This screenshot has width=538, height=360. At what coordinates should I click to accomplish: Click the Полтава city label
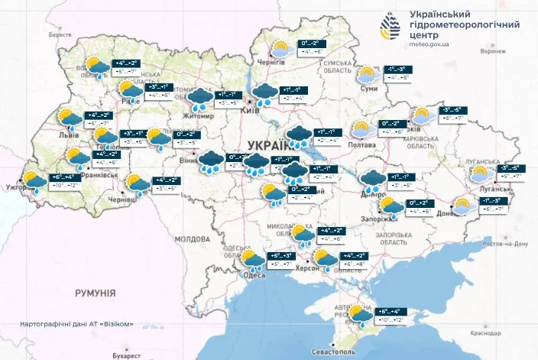tap(361, 144)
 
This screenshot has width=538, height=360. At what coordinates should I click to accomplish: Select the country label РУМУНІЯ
tap(95, 293)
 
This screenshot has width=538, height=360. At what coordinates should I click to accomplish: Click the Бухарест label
tap(124, 356)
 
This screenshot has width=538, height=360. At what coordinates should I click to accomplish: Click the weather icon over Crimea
tap(359, 314)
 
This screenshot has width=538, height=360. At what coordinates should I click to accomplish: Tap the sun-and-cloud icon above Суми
tap(368, 74)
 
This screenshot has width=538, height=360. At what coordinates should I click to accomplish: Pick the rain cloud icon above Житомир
tap(199, 97)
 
